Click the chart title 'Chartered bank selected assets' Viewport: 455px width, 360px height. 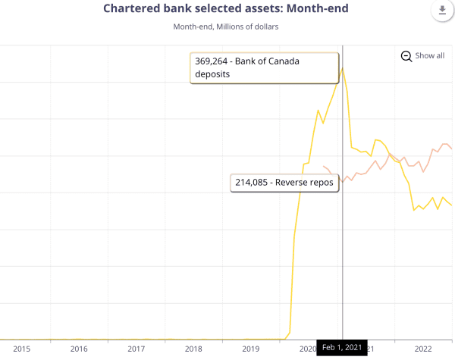click(227, 8)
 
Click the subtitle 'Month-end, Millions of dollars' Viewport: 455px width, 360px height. click(227, 27)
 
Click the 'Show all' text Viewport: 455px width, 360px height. click(429, 56)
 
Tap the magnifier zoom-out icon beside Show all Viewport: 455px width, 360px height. click(406, 56)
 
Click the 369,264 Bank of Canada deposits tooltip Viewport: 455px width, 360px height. click(263, 68)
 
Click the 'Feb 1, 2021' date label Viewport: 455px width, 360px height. click(341, 348)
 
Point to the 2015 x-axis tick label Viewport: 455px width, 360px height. click(21, 348)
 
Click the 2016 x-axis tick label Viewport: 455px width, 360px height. click(79, 348)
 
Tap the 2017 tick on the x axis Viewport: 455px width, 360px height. click(136, 348)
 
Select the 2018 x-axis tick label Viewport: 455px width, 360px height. click(193, 348)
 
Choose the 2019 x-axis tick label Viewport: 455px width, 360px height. click(251, 348)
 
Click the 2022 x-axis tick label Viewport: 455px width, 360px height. click(423, 348)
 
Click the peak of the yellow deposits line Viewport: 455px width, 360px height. click(343, 68)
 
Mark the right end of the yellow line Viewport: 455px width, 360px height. click(452, 205)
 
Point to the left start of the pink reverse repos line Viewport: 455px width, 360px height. click(324, 166)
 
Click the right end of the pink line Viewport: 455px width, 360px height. click(452, 149)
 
